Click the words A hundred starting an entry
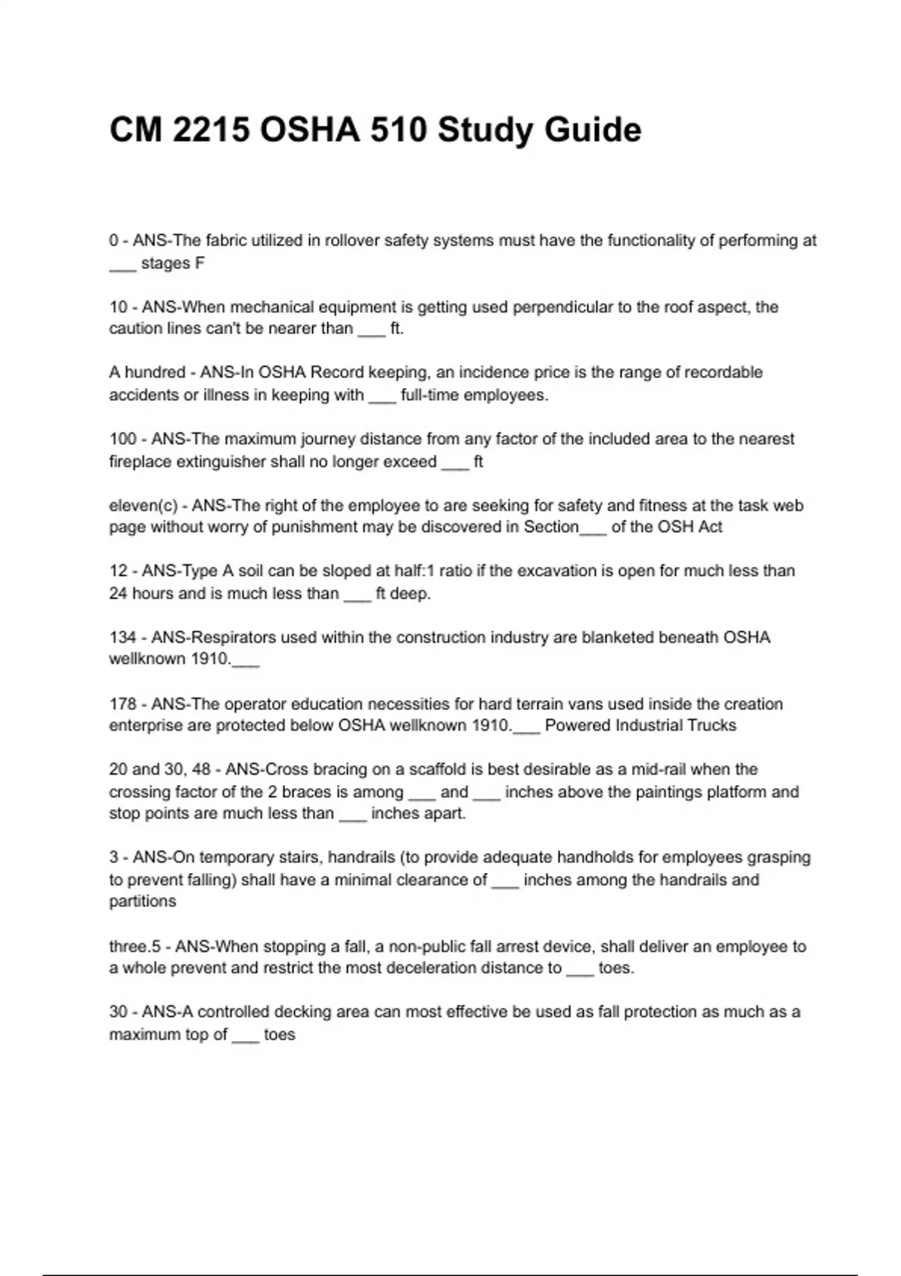(x=147, y=372)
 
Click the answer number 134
(x=123, y=637)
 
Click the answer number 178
(x=123, y=704)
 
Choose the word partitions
(x=143, y=901)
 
